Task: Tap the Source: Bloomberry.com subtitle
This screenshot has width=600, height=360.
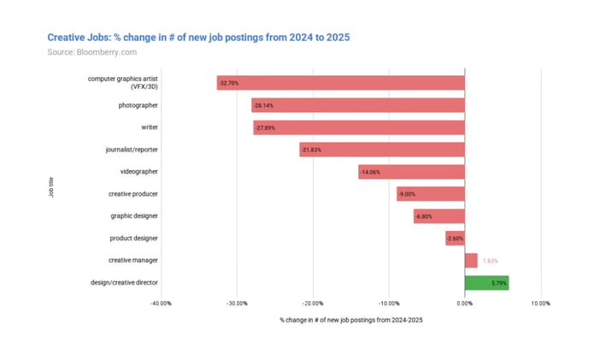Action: coord(91,52)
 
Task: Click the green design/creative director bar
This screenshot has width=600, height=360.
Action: coord(486,282)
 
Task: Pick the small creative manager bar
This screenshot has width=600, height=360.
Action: coord(471,260)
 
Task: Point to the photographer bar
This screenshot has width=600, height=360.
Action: coord(358,105)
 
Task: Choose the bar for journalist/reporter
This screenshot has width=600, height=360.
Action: coord(382,150)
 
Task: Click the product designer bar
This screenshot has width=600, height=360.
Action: coord(455,238)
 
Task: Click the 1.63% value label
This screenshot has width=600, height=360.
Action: coord(491,260)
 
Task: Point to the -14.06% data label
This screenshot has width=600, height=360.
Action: coord(372,172)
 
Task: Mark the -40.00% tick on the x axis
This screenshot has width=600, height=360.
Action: coord(162,303)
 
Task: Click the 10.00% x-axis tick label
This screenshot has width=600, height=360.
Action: coord(540,303)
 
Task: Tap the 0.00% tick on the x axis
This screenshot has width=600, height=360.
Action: coord(464,303)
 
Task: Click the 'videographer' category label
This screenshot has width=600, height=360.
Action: coord(138,172)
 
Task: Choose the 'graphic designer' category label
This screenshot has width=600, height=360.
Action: coord(134,215)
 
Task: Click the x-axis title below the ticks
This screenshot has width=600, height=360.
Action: coord(351,320)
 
